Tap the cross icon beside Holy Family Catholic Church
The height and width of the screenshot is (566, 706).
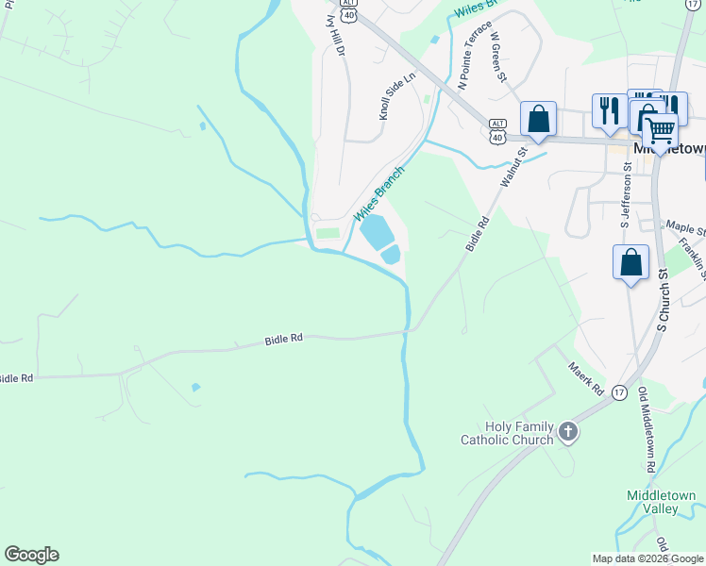[x=566, y=433]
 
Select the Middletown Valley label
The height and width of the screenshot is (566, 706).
[x=662, y=502]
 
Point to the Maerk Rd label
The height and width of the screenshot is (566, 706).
[x=585, y=376]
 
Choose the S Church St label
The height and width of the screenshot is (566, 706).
[x=663, y=300]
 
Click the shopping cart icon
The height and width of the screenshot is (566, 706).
[x=660, y=130]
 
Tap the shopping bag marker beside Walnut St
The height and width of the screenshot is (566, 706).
[x=538, y=119]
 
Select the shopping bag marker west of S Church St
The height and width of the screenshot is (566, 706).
[x=630, y=262]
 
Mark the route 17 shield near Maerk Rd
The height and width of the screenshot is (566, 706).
[x=619, y=391]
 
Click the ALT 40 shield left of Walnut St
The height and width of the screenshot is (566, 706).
[x=497, y=131]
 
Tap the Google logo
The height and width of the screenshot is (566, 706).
[x=31, y=555]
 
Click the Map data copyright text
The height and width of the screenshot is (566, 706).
[x=647, y=558]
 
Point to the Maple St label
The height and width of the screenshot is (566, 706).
[x=685, y=227]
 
